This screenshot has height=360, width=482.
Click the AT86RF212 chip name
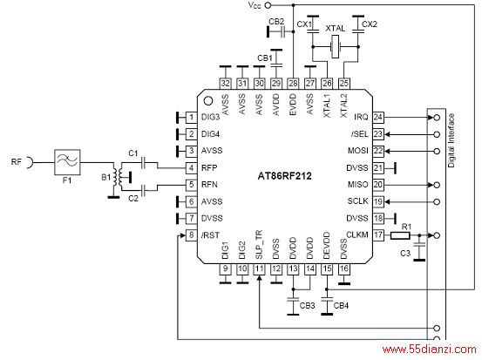284,176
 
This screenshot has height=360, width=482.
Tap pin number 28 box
293,84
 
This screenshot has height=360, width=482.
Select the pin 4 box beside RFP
191,168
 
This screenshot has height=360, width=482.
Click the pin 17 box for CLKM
378,235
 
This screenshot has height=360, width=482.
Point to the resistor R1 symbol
400,235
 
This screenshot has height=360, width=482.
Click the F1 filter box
67,162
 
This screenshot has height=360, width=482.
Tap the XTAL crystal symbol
335,47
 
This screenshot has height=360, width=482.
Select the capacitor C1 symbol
143,162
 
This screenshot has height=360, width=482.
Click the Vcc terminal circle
268,5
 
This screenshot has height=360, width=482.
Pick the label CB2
276,22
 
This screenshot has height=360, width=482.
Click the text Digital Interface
451,140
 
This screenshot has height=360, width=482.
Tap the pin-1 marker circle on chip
208,100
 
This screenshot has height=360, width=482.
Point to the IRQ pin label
361,117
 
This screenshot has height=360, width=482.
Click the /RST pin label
210,235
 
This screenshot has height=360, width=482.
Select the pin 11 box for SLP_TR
259,269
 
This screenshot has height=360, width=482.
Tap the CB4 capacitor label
341,306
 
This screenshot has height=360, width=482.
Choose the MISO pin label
358,185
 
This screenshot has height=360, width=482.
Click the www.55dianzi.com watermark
430,350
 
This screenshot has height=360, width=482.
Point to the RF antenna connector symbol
30,162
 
